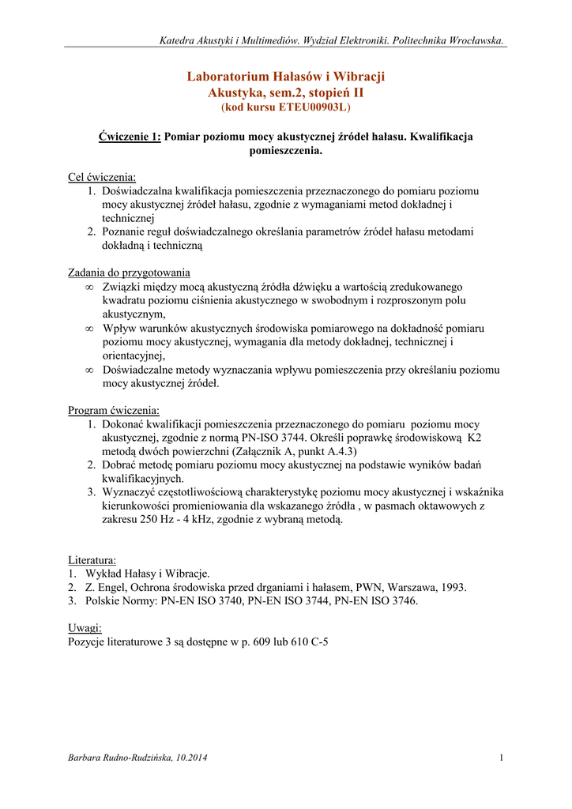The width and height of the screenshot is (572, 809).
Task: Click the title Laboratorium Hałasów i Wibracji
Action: click(285, 77)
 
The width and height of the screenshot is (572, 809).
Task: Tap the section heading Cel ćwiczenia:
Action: click(102, 178)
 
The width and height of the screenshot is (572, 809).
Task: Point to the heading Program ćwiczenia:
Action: click(114, 411)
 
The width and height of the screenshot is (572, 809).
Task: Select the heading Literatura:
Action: click(92, 560)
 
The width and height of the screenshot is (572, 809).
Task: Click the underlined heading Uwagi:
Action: click(85, 628)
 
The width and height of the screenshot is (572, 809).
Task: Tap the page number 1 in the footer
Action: click(502, 759)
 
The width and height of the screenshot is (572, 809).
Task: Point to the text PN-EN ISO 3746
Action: click(375, 601)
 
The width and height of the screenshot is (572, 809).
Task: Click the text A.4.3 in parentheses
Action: click(310, 451)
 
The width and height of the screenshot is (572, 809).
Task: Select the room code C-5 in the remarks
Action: click(318, 642)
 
